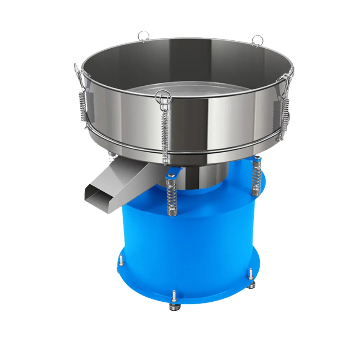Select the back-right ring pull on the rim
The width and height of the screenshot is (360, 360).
257,40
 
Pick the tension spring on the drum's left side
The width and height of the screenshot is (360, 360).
82,104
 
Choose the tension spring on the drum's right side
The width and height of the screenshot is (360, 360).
285,110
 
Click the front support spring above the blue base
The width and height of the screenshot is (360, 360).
172,196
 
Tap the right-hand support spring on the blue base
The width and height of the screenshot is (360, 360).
256,176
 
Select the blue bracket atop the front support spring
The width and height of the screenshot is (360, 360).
171,175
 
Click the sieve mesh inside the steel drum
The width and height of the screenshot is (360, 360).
187,92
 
